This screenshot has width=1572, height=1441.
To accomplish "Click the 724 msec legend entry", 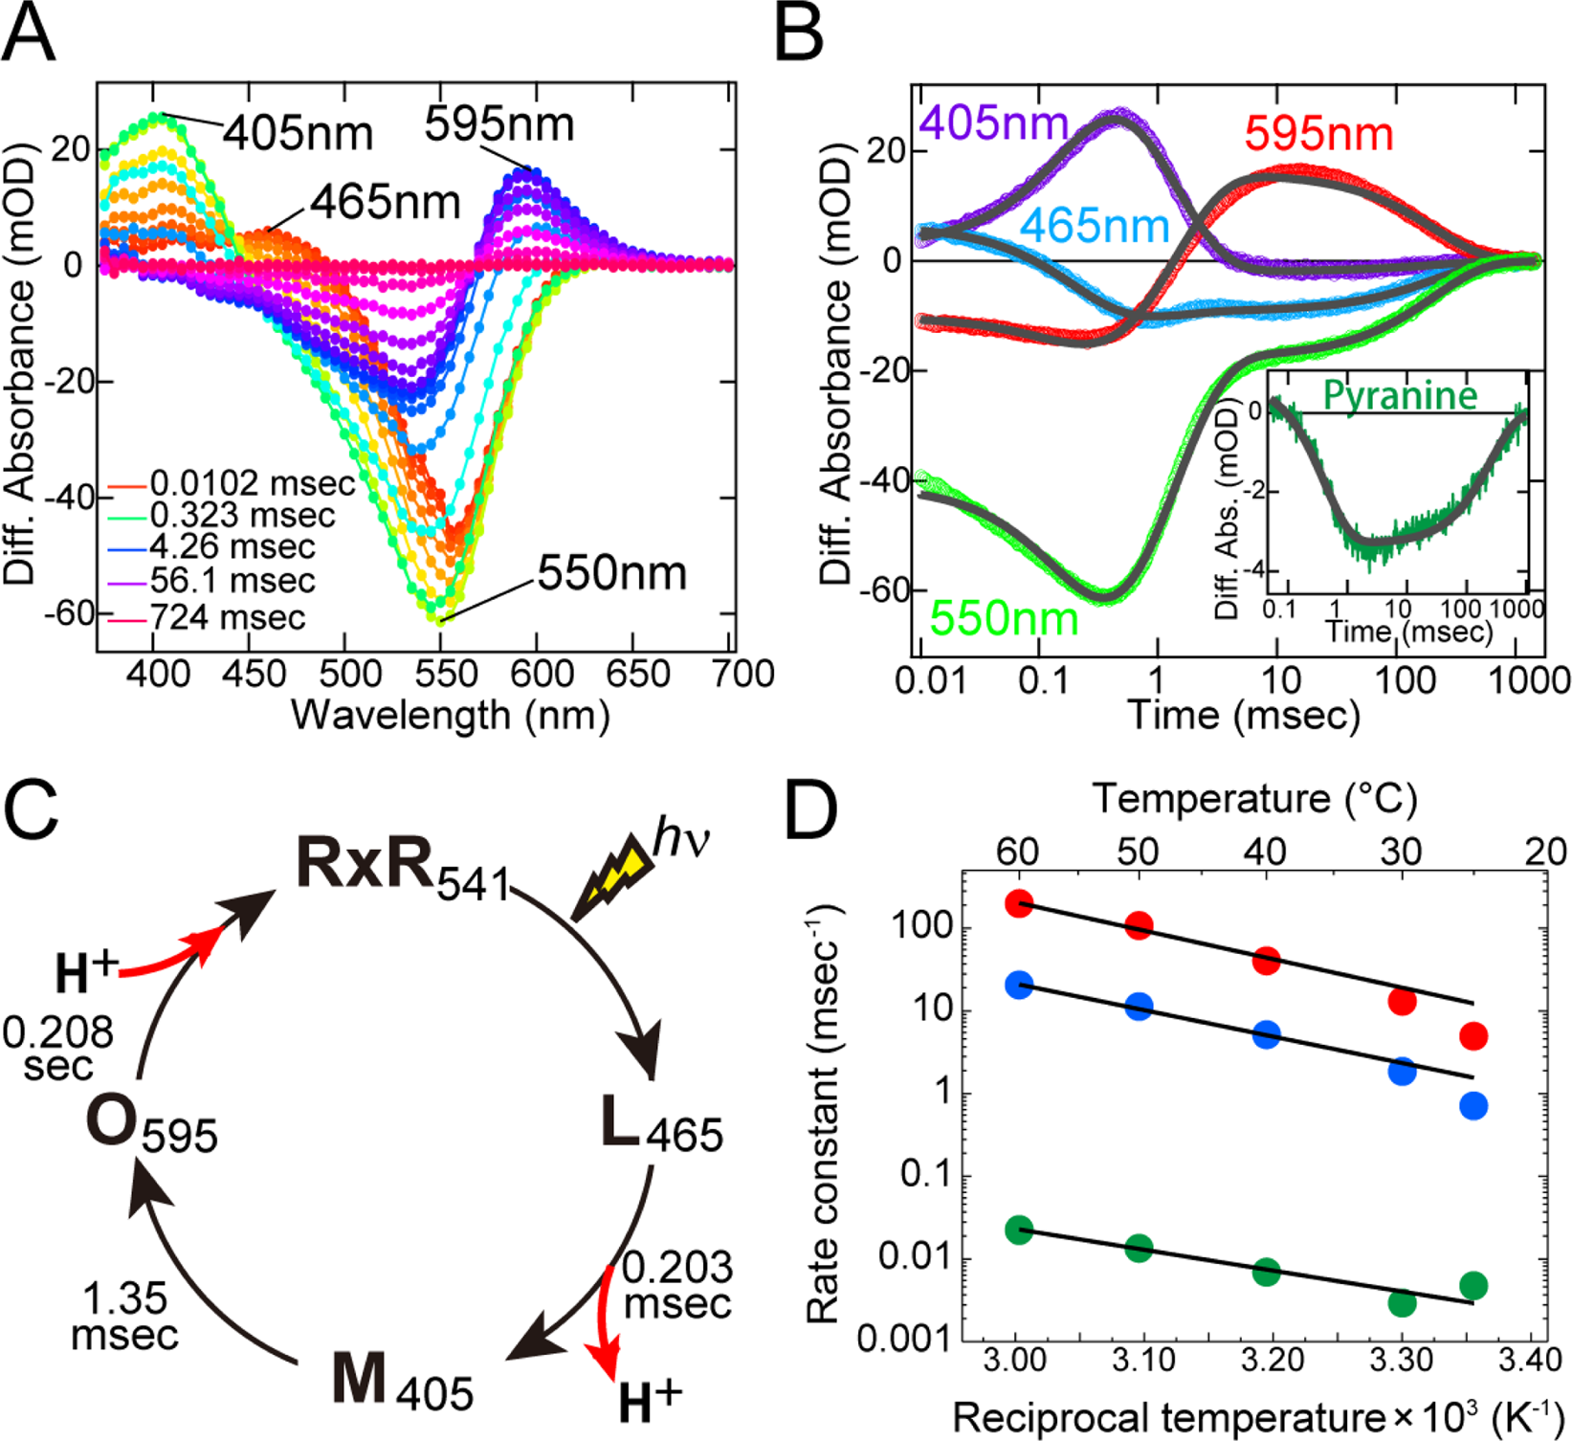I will pyautogui.click(x=227, y=617).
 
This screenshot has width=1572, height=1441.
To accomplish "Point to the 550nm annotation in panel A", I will pyautogui.click(x=611, y=573).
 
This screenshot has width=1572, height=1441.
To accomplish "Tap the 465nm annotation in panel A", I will pyautogui.click(x=385, y=202).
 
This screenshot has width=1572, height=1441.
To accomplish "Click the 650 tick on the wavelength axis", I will pyautogui.click(x=638, y=676).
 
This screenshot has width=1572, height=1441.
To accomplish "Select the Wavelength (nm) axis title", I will pyautogui.click(x=450, y=715).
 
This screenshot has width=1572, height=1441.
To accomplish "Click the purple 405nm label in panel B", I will pyautogui.click(x=993, y=123).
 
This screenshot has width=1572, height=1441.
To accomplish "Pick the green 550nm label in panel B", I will pyautogui.click(x=1004, y=618).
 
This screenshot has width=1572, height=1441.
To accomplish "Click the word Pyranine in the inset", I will pyautogui.click(x=1400, y=395).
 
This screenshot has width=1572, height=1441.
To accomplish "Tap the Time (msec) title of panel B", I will pyautogui.click(x=1243, y=715).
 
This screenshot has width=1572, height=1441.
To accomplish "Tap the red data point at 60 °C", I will pyautogui.click(x=1020, y=904).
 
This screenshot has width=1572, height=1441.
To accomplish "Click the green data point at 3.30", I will pyautogui.click(x=1402, y=1302).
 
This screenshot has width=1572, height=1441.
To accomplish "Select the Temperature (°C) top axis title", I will pyautogui.click(x=1254, y=798).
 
